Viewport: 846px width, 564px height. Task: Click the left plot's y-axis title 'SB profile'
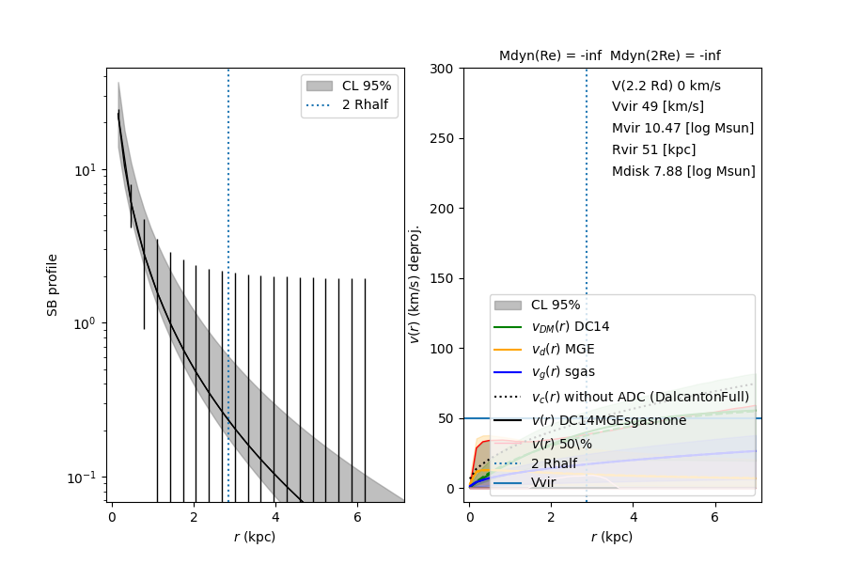[53, 284]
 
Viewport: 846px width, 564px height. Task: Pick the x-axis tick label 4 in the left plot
[274, 516]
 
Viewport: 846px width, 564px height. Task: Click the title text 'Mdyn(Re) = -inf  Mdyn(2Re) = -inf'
[610, 55]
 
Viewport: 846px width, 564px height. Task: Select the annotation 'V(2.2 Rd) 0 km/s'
[666, 86]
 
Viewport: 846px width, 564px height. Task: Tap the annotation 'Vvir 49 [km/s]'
[657, 106]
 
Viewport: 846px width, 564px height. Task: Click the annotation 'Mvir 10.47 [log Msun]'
[682, 128]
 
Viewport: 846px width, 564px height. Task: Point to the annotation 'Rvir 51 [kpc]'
[654, 149]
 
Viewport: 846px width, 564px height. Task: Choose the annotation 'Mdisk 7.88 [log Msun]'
[683, 171]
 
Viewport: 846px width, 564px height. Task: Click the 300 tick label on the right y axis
[441, 69]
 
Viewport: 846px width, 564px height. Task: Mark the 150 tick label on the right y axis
[441, 278]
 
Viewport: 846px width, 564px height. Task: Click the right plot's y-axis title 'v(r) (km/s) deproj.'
[415, 284]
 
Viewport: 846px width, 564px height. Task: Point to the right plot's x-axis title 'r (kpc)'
[611, 537]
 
